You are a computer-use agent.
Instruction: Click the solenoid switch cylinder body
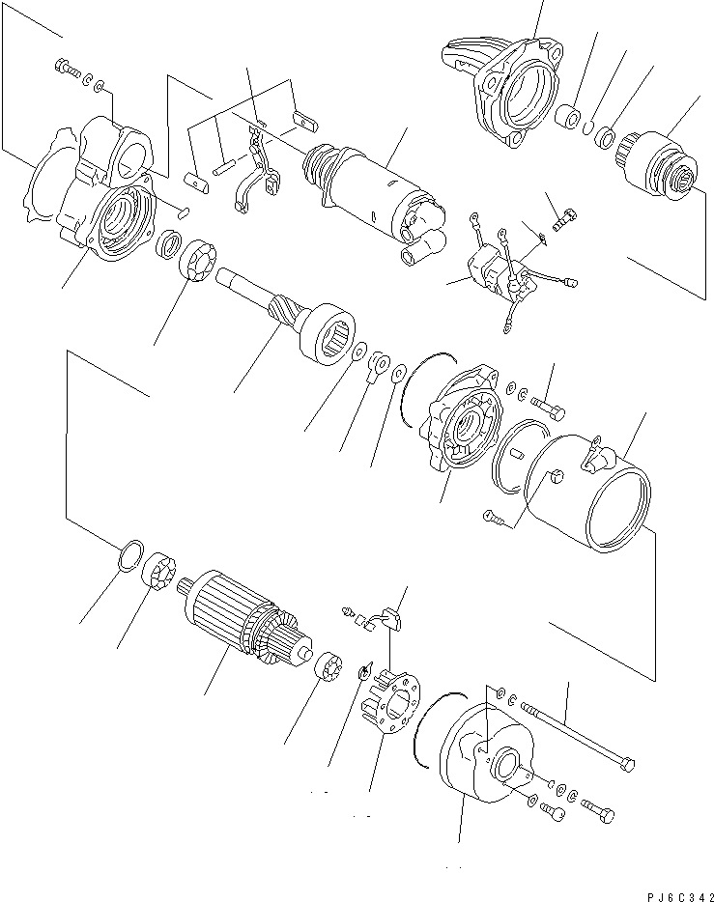coord(372,187)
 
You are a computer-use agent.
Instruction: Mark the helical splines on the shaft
coord(283,309)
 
